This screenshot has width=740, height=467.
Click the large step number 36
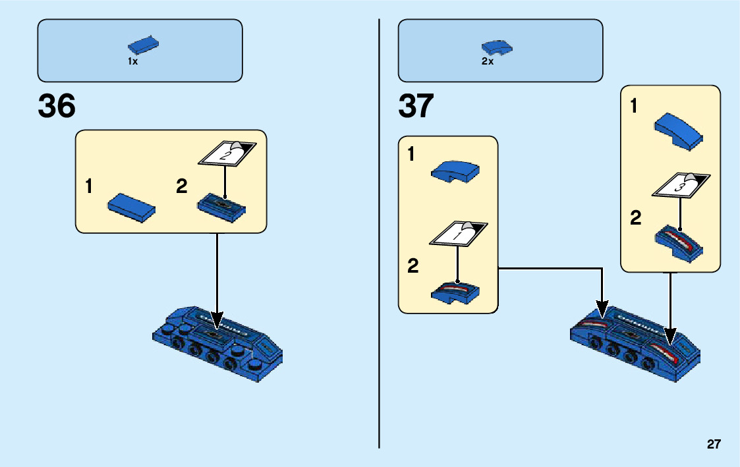[x=57, y=106]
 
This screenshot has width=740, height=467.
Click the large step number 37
[x=416, y=106]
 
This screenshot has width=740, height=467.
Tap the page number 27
[x=714, y=445]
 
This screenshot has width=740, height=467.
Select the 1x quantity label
[x=132, y=61]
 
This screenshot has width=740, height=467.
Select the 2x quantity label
[x=487, y=61]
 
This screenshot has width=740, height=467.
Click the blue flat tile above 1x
[x=144, y=45]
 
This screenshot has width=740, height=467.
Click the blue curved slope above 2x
[x=498, y=47]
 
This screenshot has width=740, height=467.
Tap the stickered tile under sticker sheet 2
[x=221, y=207]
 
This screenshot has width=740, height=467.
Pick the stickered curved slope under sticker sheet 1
[x=455, y=291]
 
